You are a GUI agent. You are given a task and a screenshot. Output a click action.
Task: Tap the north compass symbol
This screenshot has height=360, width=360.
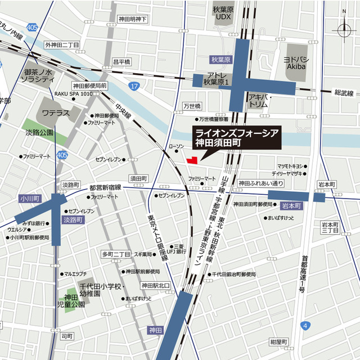[x=344, y=29]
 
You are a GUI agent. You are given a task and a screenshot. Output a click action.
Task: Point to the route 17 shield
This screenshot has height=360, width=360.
[x=133, y=85]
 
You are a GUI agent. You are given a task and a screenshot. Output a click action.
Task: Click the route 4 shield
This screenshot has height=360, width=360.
[x=304, y=325]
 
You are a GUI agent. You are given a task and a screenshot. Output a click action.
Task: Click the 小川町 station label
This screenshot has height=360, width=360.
[x=27, y=198]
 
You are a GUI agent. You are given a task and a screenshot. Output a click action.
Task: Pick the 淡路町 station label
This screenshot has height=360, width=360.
[x=74, y=220]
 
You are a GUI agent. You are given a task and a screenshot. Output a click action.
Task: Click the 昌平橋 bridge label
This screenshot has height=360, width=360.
[x=121, y=62]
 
